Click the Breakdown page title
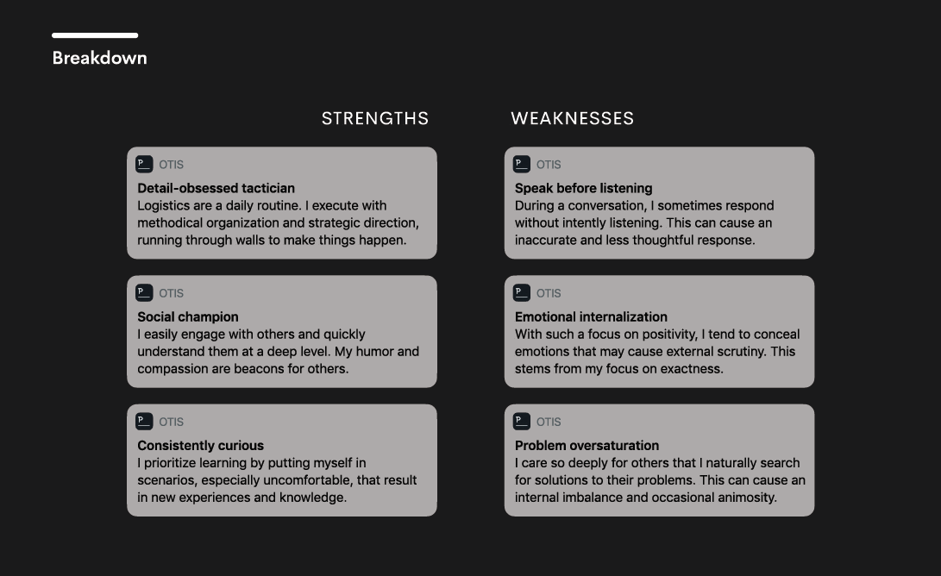point(100,58)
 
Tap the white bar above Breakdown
point(95,35)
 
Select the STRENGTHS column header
point(375,118)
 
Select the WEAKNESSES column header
point(573,118)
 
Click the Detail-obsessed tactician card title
point(216,188)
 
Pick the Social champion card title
point(188,316)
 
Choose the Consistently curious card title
point(200,446)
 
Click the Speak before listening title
point(583,188)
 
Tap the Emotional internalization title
point(591,316)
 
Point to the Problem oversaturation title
point(587,446)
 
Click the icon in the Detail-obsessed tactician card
point(144,164)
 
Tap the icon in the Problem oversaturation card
point(522,421)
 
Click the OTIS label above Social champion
point(171,293)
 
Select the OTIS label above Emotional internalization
point(549,293)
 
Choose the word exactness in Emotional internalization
point(694,368)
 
